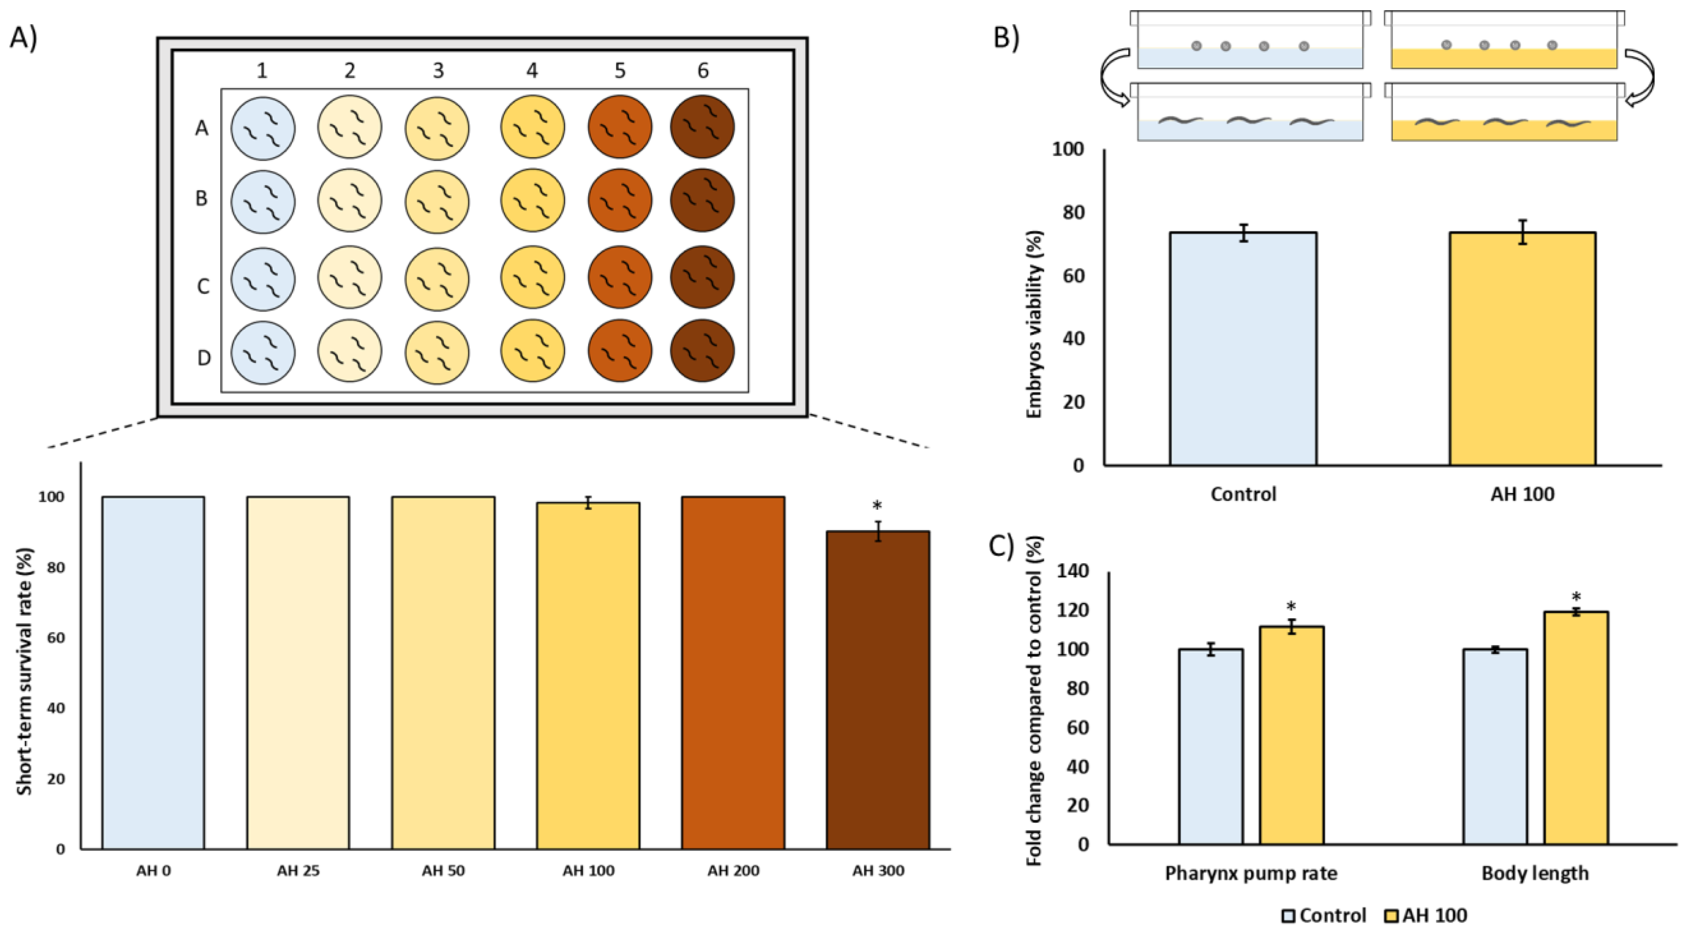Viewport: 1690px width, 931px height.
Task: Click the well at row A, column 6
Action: point(702,127)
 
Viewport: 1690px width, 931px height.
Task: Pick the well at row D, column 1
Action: point(263,351)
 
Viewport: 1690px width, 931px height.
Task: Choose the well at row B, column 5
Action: point(620,200)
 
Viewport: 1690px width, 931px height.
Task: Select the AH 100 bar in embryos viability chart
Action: point(1522,349)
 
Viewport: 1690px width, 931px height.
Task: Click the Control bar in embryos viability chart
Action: point(1243,349)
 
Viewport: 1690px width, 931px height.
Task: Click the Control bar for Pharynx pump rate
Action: point(1211,747)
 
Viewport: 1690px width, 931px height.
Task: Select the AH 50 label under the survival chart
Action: point(443,871)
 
